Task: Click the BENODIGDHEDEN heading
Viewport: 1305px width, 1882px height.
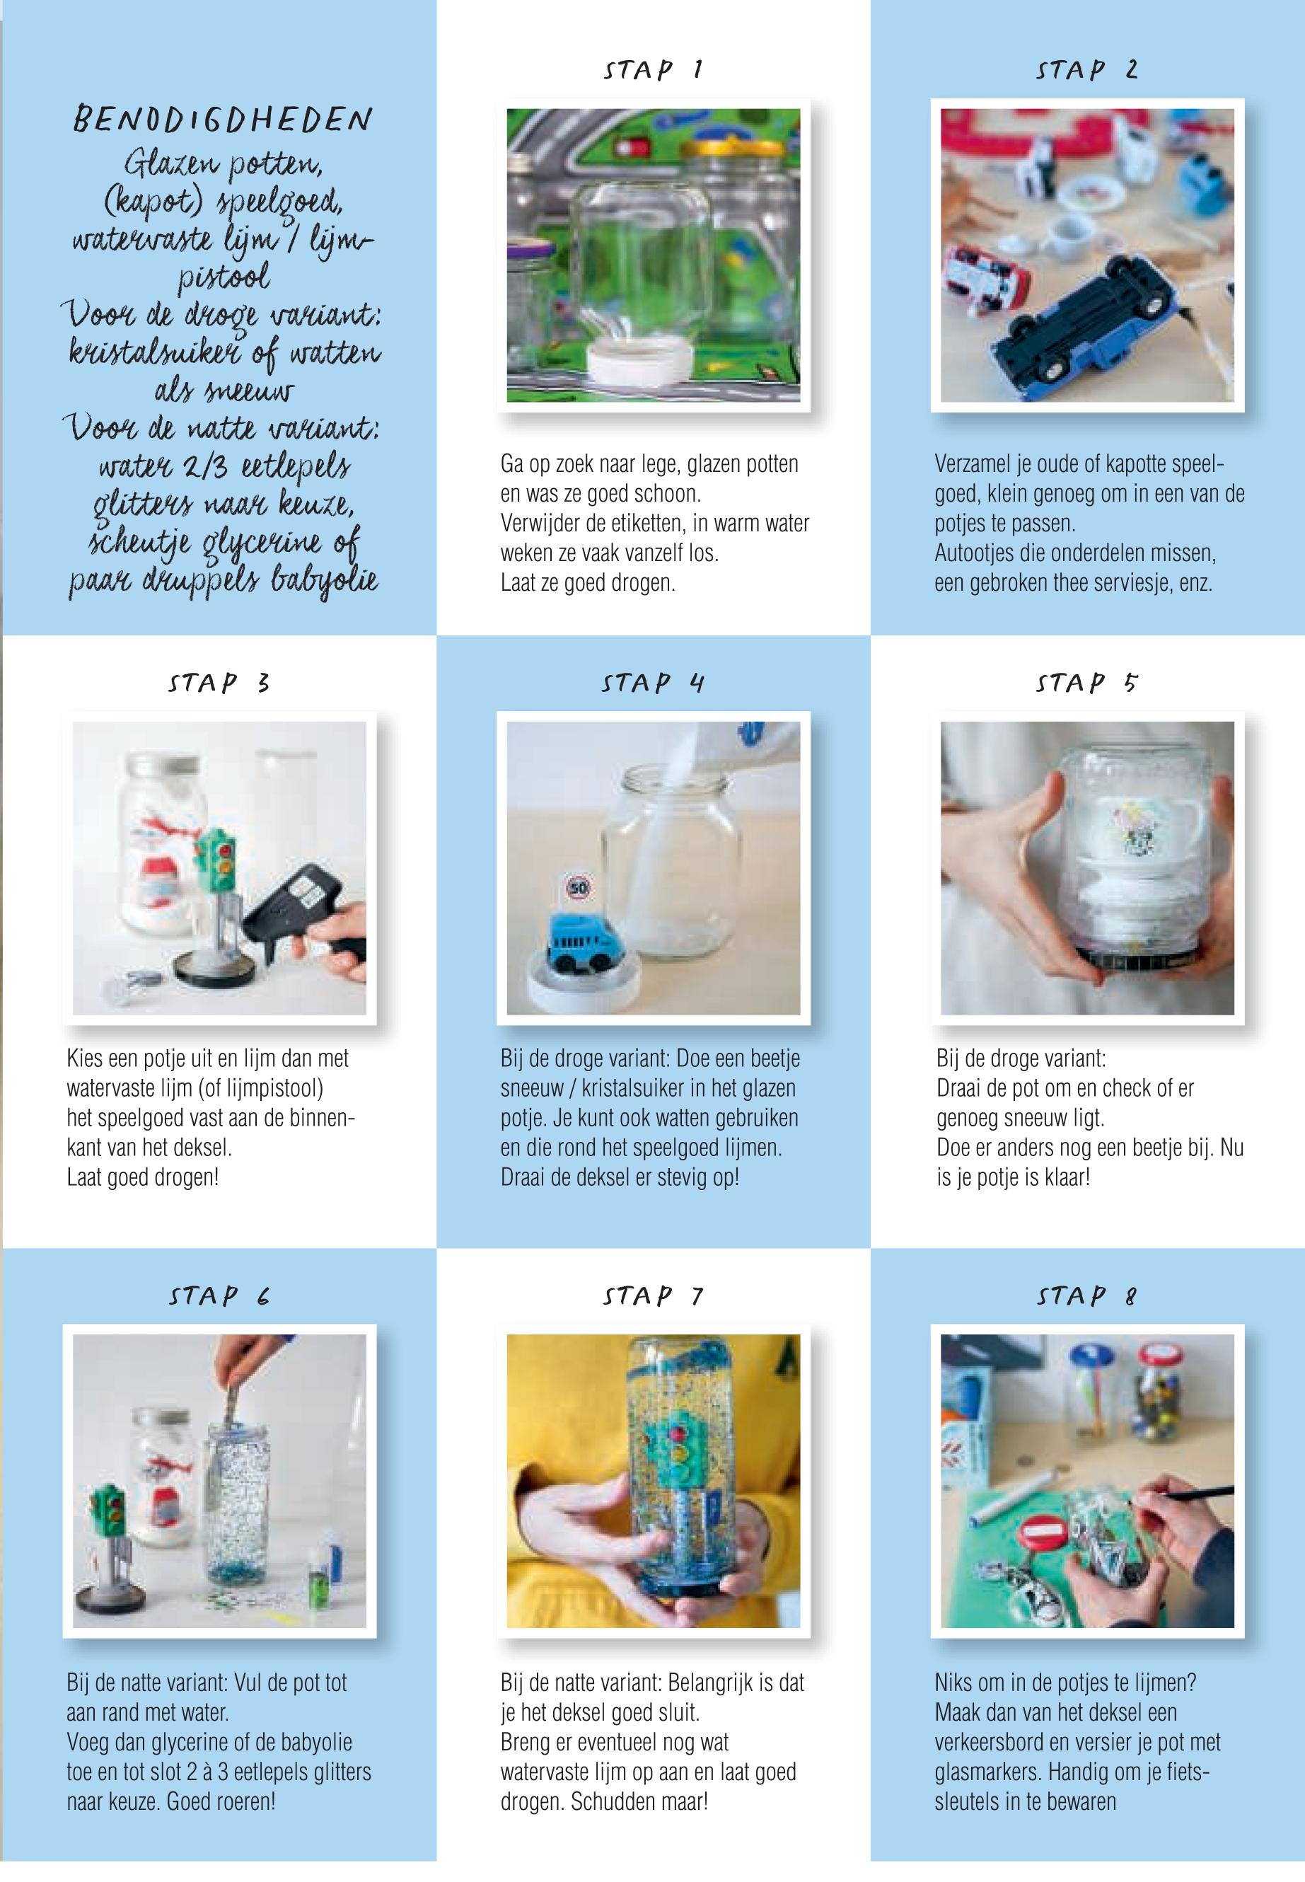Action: tap(222, 121)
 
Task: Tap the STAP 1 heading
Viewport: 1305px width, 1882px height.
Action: tap(652, 70)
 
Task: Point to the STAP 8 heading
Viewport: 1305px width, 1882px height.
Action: tap(1086, 1296)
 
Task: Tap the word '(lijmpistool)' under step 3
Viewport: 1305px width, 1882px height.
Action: tap(273, 1089)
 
